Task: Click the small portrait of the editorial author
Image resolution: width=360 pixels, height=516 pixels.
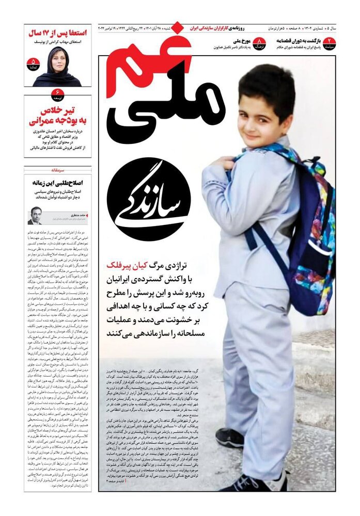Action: click(35, 216)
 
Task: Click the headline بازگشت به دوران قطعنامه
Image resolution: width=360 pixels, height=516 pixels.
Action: click(300, 40)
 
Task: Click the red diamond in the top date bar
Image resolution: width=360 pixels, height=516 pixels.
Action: click(177, 27)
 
